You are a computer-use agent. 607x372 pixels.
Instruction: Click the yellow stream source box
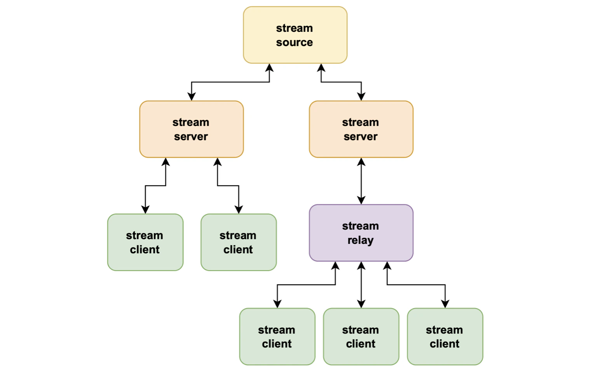(x=295, y=35)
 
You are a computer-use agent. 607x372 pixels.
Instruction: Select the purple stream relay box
(x=361, y=233)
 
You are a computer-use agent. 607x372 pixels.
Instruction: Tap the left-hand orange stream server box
(x=191, y=129)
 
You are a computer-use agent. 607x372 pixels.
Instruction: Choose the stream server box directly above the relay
(x=361, y=129)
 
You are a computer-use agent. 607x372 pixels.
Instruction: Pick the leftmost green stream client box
(x=145, y=242)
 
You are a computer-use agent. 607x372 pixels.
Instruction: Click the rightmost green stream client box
(x=445, y=337)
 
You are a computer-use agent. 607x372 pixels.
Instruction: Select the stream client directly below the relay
(x=361, y=337)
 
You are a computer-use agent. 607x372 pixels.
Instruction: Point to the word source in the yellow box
(x=295, y=42)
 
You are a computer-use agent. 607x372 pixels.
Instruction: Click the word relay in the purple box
(x=360, y=240)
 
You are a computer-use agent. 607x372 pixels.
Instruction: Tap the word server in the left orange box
(x=191, y=137)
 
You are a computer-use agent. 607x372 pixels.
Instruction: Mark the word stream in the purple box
(x=360, y=226)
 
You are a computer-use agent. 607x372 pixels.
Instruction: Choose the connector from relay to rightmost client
(x=416, y=285)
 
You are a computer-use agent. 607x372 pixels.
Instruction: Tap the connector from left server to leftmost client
(x=155, y=186)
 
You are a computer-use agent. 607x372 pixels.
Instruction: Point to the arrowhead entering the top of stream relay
(x=361, y=200)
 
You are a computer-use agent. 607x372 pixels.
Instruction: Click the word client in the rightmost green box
(x=445, y=344)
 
